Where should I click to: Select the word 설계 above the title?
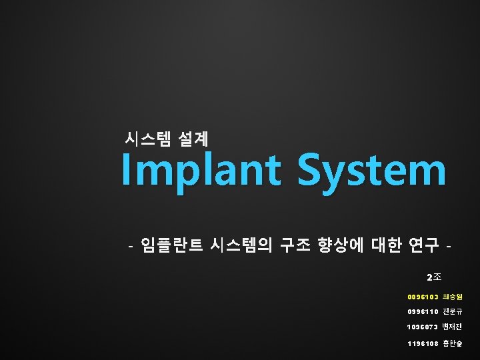point(194,139)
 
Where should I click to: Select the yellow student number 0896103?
point(423,296)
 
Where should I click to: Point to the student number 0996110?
point(423,311)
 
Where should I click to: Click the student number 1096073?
point(423,327)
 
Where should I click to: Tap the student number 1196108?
point(423,344)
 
